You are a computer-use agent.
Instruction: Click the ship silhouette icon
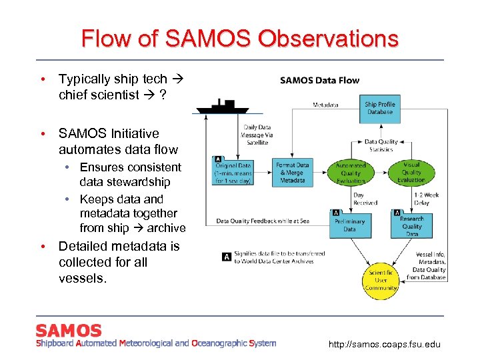click(x=221, y=106)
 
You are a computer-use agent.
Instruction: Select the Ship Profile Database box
click(x=379, y=108)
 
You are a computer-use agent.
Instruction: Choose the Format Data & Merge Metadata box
click(x=293, y=173)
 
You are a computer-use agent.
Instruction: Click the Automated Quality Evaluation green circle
click(x=351, y=173)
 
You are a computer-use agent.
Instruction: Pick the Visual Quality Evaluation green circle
click(x=411, y=173)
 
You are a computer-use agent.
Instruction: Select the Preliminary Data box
click(x=349, y=225)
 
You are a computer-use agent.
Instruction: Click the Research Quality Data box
click(x=411, y=225)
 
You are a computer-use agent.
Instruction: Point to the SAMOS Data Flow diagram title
click(x=319, y=81)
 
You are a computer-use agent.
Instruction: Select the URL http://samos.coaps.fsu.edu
click(x=384, y=344)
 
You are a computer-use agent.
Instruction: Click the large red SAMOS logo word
click(x=69, y=331)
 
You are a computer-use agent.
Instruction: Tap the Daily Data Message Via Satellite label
click(x=257, y=135)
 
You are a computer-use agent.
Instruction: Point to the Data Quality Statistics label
click(x=381, y=145)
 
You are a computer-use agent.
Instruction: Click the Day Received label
click(x=365, y=199)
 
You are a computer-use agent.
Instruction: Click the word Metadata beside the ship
click(x=325, y=105)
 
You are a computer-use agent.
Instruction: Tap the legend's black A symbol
click(x=227, y=257)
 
